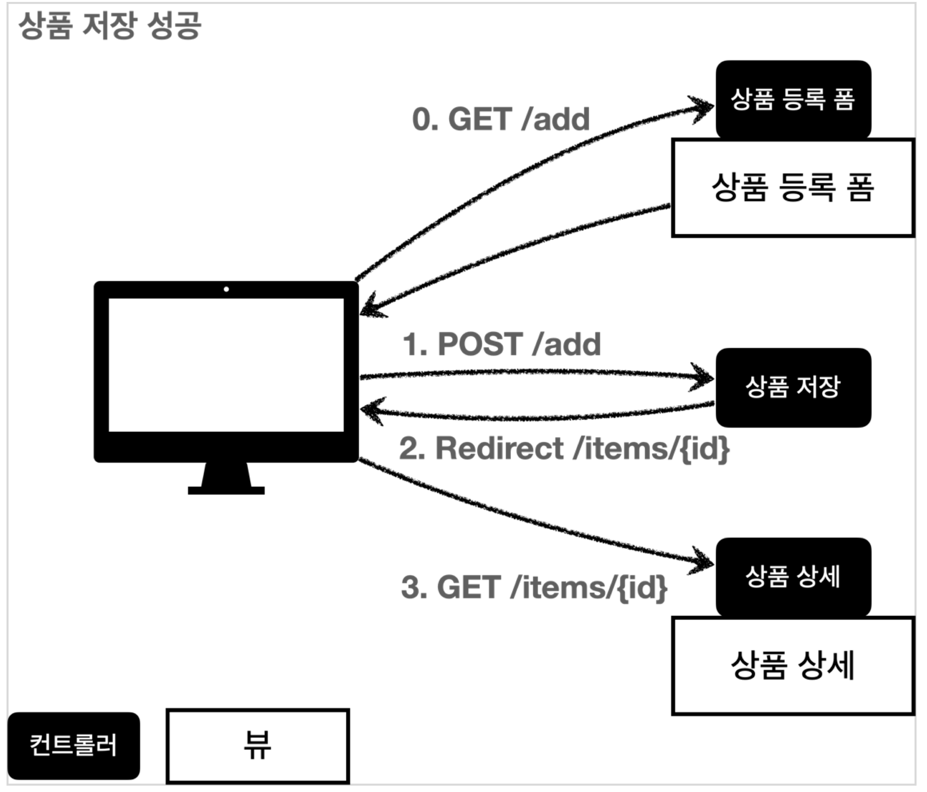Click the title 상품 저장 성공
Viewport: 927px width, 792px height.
click(x=110, y=26)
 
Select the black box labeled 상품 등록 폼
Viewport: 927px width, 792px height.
click(x=793, y=99)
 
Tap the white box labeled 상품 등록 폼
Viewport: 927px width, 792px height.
click(x=793, y=188)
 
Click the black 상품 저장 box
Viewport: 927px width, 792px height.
click(x=793, y=387)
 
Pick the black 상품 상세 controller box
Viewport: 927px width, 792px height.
click(x=793, y=576)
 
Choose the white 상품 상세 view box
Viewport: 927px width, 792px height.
click(x=793, y=666)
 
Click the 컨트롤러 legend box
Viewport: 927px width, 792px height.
click(x=73, y=745)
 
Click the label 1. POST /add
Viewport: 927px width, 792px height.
click(x=502, y=344)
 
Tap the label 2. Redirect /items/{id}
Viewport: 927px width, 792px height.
click(x=564, y=448)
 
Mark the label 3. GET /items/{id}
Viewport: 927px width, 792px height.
click(x=534, y=587)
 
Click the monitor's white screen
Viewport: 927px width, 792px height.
click(x=226, y=365)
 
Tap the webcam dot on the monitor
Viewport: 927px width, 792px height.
click(x=226, y=289)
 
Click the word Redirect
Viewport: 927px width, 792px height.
click(x=499, y=448)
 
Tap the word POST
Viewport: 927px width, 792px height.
click(x=480, y=344)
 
